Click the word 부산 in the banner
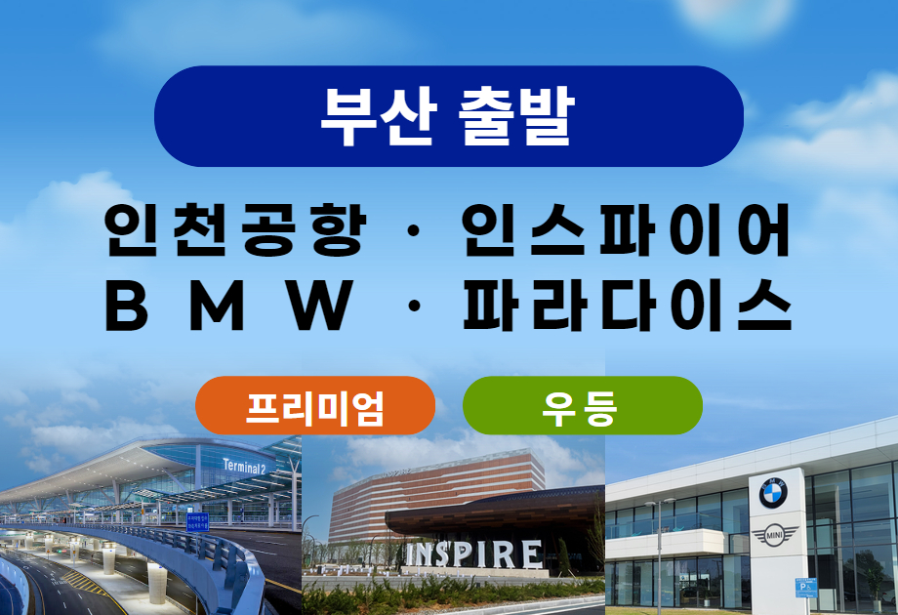(379, 116)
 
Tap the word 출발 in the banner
(516, 116)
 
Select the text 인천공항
(235, 230)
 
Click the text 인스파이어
(626, 230)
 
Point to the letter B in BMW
(127, 305)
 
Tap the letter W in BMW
(320, 305)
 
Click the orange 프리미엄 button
(315, 405)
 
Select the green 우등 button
(583, 405)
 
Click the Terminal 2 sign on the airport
(245, 467)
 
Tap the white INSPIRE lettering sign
(473, 554)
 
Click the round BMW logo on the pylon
(773, 493)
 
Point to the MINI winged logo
(774, 536)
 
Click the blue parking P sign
(806, 588)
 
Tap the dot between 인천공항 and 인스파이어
(414, 231)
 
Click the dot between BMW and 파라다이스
(414, 306)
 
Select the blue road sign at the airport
(197, 521)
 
